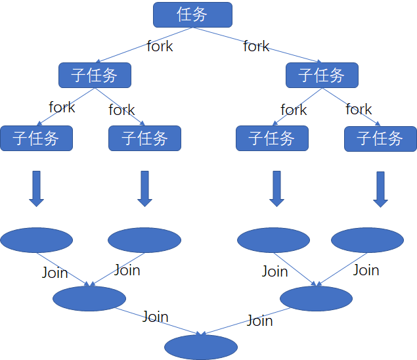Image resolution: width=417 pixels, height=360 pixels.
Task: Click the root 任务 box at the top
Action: click(x=192, y=14)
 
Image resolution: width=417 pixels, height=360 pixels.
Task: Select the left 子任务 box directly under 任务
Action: click(x=95, y=75)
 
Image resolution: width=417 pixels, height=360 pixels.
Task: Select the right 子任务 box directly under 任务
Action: click(x=322, y=75)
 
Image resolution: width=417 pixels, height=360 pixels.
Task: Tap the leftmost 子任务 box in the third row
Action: click(x=36, y=138)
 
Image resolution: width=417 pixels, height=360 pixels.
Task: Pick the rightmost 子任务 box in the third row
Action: click(x=380, y=138)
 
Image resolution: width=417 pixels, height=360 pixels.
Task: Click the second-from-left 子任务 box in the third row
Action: click(x=144, y=138)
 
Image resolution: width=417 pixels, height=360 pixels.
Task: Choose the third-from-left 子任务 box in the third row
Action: click(x=272, y=138)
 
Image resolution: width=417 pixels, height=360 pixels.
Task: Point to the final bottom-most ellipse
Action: click(x=201, y=347)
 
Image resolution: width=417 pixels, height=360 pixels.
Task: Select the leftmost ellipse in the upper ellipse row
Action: click(x=36, y=240)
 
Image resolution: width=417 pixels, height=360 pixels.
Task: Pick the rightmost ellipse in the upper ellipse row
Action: click(x=367, y=240)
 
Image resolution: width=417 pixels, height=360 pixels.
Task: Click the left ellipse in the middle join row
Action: click(x=89, y=298)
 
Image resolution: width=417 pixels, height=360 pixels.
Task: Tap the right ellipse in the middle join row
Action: click(x=316, y=298)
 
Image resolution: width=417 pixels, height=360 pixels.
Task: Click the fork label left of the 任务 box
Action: click(x=160, y=46)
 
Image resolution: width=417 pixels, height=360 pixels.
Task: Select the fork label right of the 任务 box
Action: click(x=256, y=46)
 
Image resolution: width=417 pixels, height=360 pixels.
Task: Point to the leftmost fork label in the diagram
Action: click(x=62, y=106)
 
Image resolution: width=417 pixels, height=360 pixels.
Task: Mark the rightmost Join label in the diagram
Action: click(x=366, y=269)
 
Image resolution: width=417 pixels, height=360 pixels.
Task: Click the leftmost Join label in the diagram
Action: click(x=55, y=272)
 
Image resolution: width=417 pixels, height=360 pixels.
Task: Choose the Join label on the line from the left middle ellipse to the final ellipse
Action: click(x=155, y=317)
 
